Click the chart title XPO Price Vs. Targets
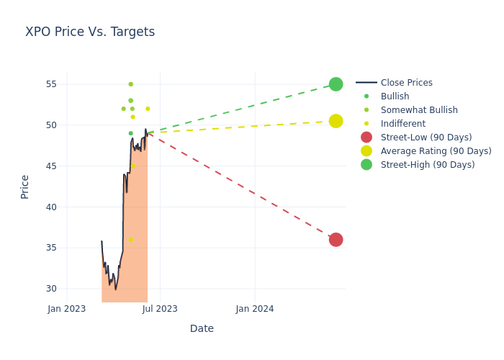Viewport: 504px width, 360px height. point(90,32)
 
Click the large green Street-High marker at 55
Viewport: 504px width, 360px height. point(336,84)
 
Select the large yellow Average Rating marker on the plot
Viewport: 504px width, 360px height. point(336,121)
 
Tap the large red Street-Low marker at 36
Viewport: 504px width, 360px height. point(336,240)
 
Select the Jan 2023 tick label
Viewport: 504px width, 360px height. point(67,309)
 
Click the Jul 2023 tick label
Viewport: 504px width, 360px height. point(160,309)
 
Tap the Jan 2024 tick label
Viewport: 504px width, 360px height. point(255,309)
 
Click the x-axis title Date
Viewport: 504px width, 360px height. point(202,328)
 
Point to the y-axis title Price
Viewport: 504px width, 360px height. point(25,186)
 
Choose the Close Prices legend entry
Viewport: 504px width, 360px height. point(406,83)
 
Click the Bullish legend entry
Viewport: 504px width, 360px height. point(395,96)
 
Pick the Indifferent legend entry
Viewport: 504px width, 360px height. point(402,124)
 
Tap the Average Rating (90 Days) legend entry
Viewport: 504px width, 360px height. point(436,151)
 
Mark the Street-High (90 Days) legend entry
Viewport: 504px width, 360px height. point(427,165)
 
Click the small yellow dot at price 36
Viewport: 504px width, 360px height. point(130,240)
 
